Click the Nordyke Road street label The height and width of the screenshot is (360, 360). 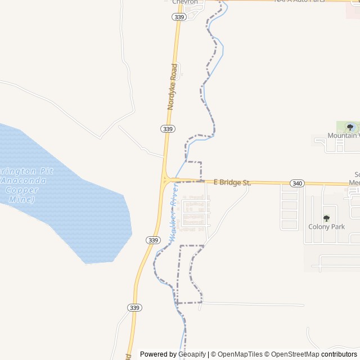173,87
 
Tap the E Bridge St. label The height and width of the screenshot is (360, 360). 232,182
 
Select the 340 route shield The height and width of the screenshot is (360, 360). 297,183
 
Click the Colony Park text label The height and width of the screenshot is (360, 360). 326,227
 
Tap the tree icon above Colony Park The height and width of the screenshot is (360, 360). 326,218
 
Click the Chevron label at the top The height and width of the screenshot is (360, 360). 185,2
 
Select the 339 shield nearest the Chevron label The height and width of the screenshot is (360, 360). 179,17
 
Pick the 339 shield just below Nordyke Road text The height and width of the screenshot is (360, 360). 167,129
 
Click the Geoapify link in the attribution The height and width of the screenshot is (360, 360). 192,354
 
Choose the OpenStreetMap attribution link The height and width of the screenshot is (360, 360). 293,354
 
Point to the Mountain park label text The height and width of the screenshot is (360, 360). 343,136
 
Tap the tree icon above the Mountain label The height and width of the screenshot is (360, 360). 350,127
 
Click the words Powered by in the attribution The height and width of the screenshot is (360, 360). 158,354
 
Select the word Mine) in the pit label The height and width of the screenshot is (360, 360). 24,199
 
